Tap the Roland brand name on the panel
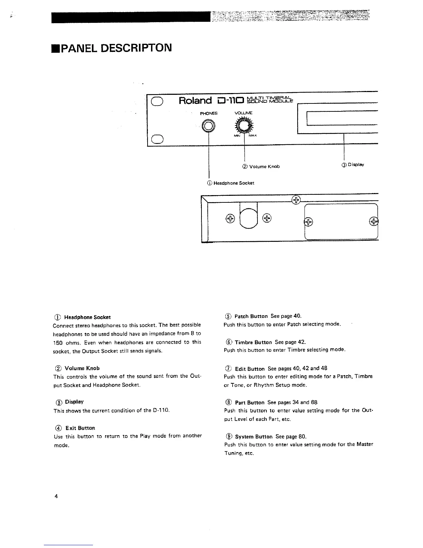[x=195, y=101]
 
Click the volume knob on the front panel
[x=244, y=126]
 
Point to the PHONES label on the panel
[x=209, y=113]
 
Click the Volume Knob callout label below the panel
[x=261, y=166]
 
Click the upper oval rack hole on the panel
[x=157, y=101]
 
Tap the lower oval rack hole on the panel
[x=157, y=139]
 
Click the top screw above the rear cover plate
[x=296, y=200]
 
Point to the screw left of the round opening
[x=230, y=218]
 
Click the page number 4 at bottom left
[x=56, y=496]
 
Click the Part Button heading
[x=250, y=403]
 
